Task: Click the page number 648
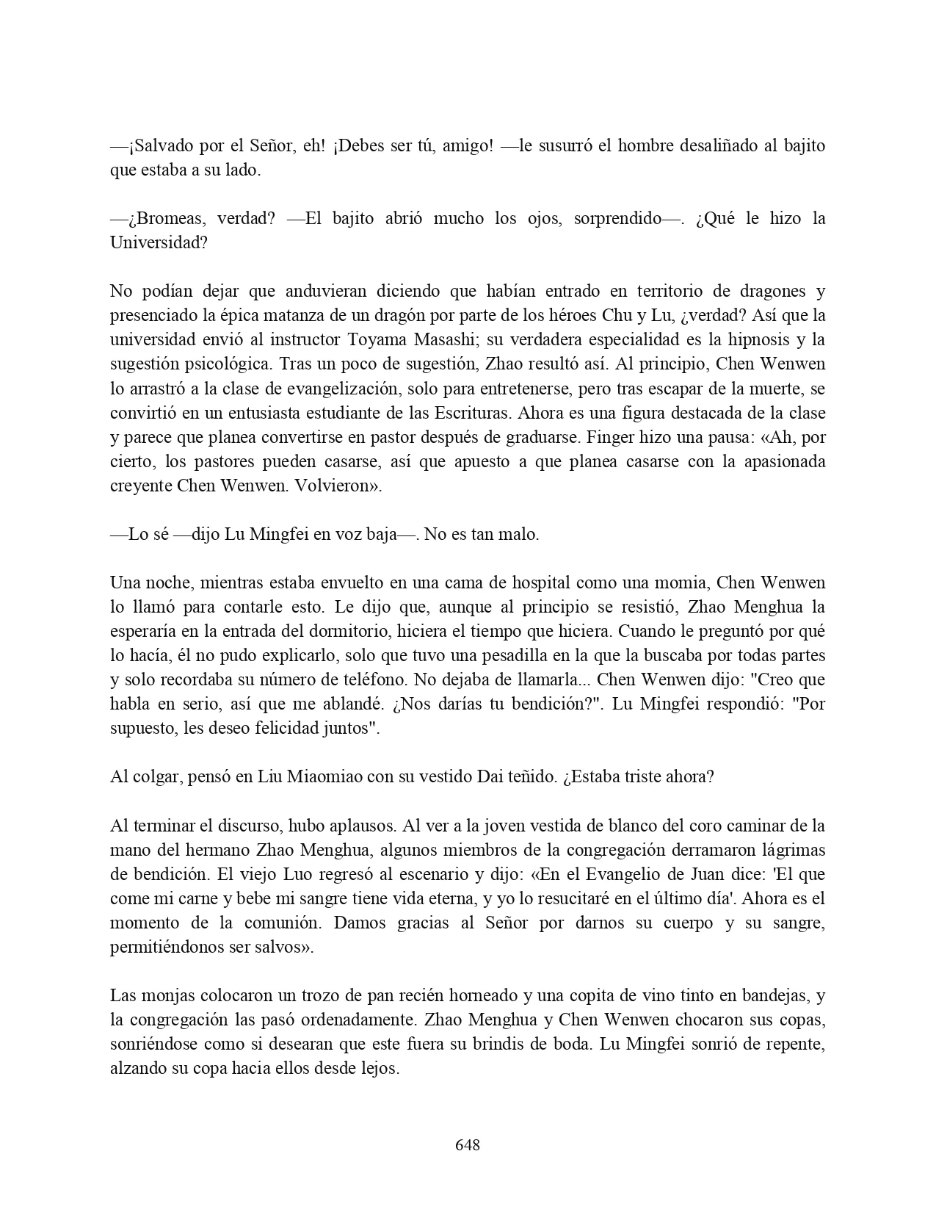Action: click(468, 1144)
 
